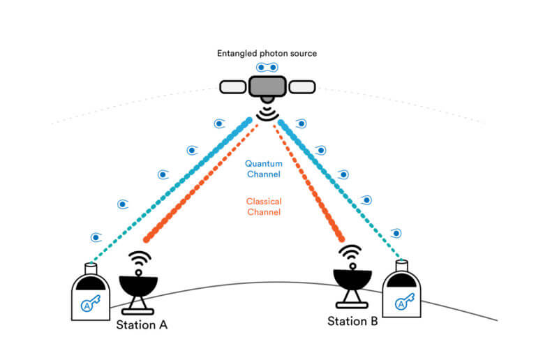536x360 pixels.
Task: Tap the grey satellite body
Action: coord(267,87)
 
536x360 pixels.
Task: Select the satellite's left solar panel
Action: coord(234,87)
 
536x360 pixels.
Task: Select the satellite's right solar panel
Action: coord(301,87)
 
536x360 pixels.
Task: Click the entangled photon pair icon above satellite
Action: coord(267,68)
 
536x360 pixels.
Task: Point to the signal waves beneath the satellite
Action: coord(267,112)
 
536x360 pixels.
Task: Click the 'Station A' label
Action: coord(141,324)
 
